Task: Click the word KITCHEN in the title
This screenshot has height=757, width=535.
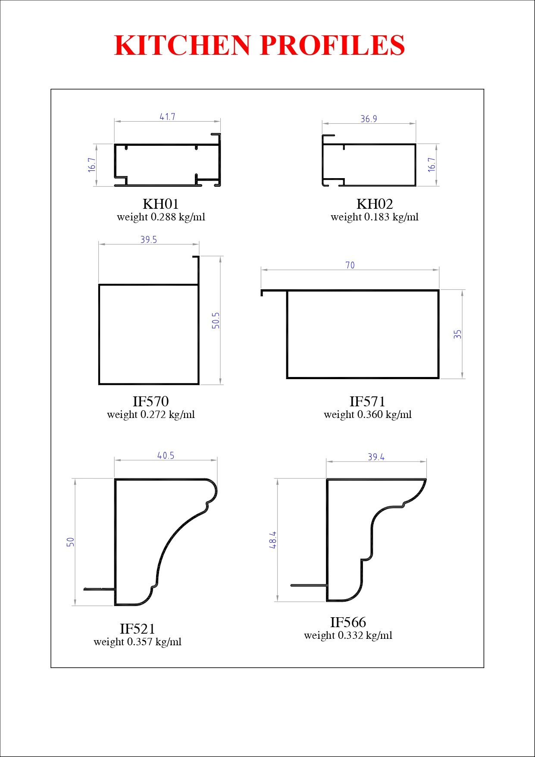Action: click(182, 45)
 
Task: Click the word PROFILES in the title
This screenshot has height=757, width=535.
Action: click(332, 45)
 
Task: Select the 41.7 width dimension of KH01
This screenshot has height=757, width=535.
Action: click(167, 117)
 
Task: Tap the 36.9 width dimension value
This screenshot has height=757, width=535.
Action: click(369, 119)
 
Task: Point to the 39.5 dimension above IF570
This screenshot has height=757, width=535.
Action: click(149, 240)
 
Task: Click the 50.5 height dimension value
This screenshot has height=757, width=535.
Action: click(216, 320)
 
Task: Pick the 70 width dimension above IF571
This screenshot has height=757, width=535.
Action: click(350, 265)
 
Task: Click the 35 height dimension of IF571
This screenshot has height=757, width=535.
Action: click(458, 334)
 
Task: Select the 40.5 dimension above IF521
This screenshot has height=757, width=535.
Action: click(166, 455)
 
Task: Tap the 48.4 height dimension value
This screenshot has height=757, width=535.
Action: click(273, 540)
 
